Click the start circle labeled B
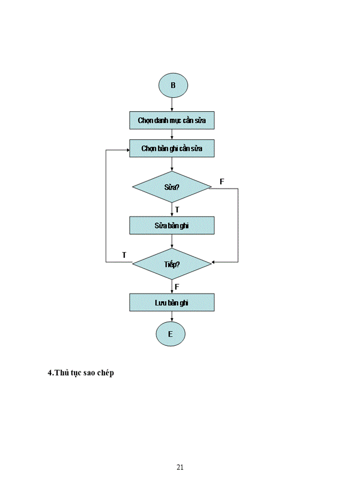(x=172, y=85)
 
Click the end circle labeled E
(x=170, y=334)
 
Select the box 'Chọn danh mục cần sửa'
(x=171, y=121)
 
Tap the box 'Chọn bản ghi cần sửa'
(x=171, y=149)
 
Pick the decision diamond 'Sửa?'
(x=171, y=187)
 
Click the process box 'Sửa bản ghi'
(x=171, y=225)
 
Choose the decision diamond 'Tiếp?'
(x=171, y=263)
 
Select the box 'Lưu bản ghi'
(x=171, y=303)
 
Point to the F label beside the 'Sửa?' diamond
(x=222, y=182)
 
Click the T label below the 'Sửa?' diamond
(x=177, y=209)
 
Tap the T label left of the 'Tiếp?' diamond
(x=124, y=255)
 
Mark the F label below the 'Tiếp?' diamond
(x=176, y=286)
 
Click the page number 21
(x=180, y=467)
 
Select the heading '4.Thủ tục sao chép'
(x=81, y=373)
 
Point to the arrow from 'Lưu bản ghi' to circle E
(x=171, y=316)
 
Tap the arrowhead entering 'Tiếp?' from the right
(x=214, y=262)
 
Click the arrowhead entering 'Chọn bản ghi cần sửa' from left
(x=127, y=150)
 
